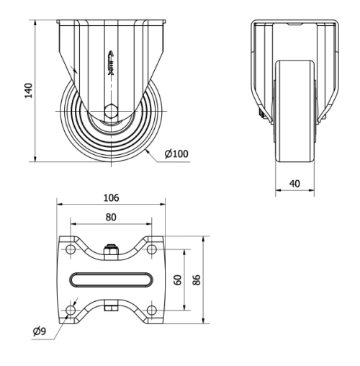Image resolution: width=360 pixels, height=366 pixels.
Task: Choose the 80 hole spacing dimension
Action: click(111, 215)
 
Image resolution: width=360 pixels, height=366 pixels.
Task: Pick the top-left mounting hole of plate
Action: click(71, 249)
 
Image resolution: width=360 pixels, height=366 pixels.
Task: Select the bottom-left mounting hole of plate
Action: click(71, 310)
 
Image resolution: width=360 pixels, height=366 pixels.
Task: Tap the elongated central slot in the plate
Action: click(111, 279)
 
